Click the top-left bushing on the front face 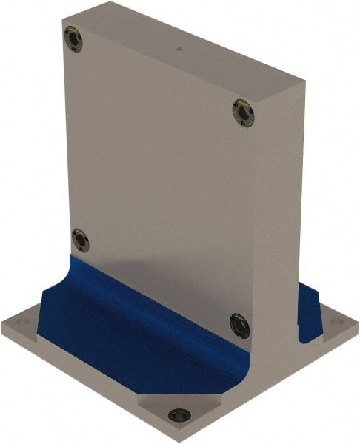[73, 38]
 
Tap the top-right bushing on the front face [242, 112]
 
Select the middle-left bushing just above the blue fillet [80, 240]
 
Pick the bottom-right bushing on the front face [240, 325]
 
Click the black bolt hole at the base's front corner [179, 415]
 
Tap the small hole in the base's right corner [340, 323]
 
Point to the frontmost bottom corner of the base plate [180, 441]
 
